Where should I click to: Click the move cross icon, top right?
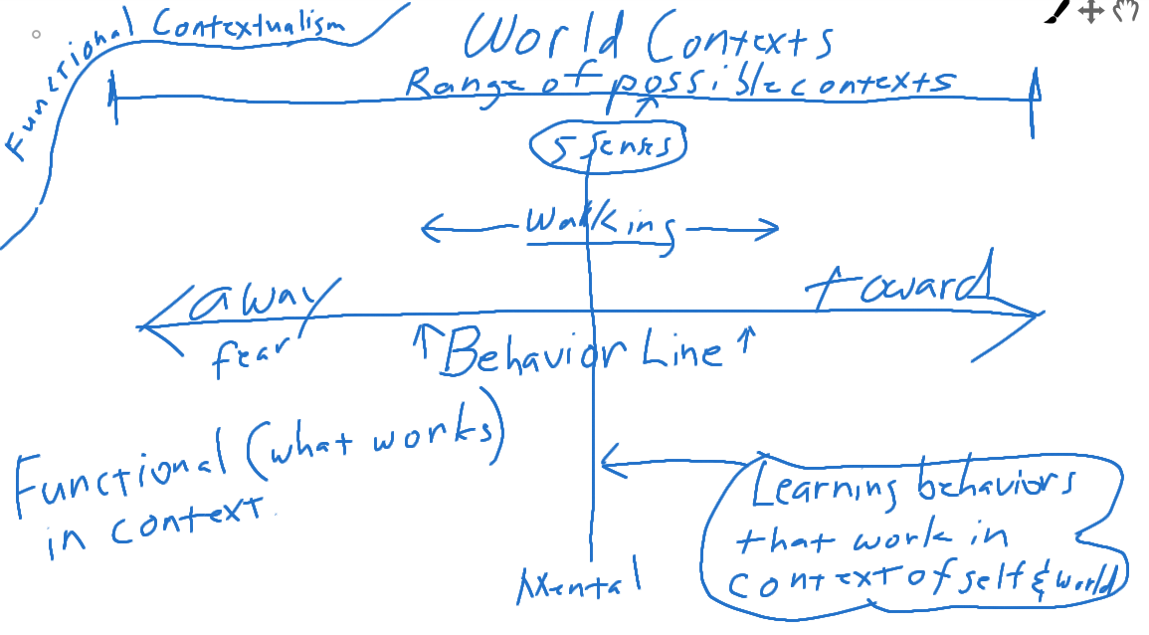point(1091,12)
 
